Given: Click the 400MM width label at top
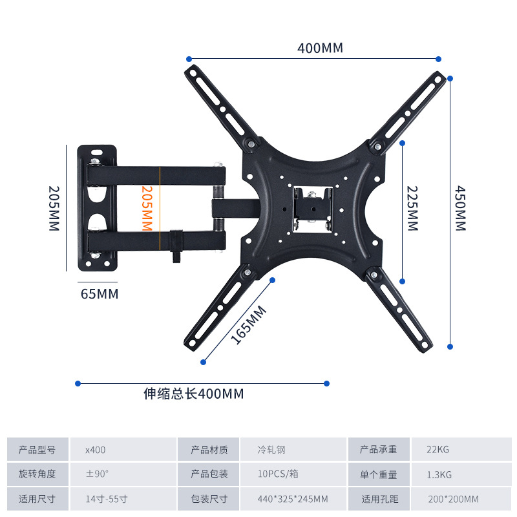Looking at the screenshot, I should tap(320, 48).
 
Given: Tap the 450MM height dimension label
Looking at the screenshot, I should tap(459, 208).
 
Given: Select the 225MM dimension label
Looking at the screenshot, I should tap(412, 208).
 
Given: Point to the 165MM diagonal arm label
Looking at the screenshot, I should tap(249, 324).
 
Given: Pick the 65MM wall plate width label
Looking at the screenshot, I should tap(100, 294).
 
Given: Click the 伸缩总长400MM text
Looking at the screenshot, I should tap(194, 394).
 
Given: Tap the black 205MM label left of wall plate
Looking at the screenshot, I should tap(53, 208).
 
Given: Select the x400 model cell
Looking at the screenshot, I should tap(95, 450).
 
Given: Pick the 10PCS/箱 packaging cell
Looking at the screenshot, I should tap(278, 474).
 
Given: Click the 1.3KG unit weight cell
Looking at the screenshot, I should tap(439, 474).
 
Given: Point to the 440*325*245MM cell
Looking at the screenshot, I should tap(292, 499).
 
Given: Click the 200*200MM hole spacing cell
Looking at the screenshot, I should tap(453, 499).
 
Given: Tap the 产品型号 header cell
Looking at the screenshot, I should tap(37, 450).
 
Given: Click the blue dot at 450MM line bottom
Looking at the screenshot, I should tap(450, 346).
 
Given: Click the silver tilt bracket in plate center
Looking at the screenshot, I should tap(313, 207).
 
